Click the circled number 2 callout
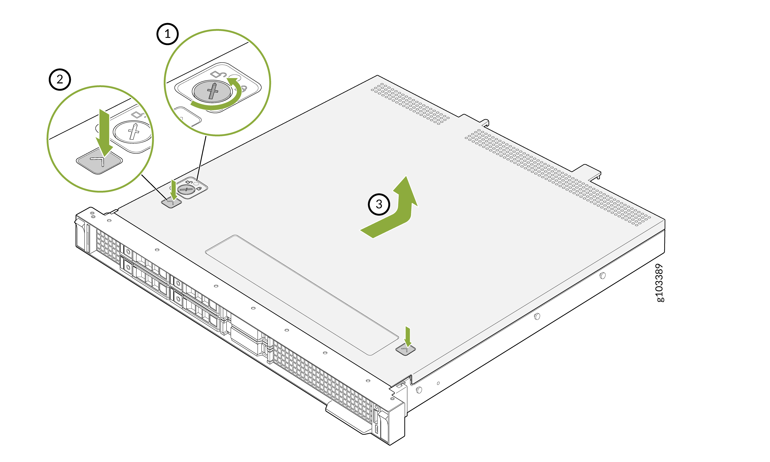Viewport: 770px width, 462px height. tap(60, 79)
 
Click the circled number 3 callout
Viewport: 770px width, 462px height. tap(379, 204)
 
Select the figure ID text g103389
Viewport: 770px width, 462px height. tap(659, 283)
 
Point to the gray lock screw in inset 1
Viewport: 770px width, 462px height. tap(212, 91)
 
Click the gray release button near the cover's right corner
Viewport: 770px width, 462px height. tap(405, 350)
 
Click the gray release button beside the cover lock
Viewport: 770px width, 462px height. tap(171, 203)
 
